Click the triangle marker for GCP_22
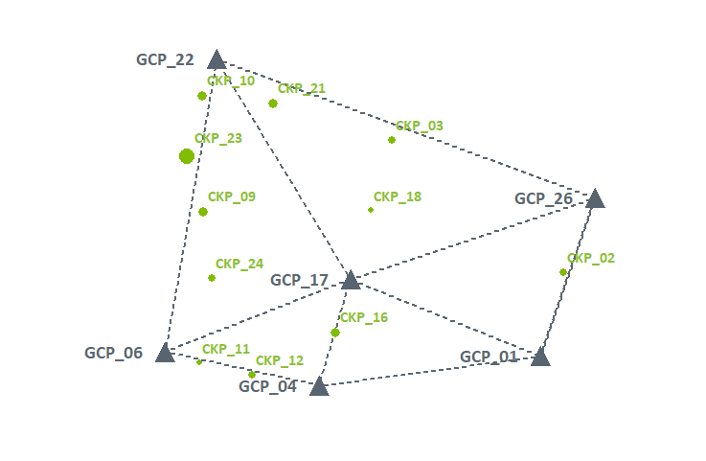[x=216, y=60]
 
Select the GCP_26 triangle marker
[x=595, y=198]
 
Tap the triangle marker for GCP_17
[x=351, y=280]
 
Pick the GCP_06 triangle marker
[x=165, y=353]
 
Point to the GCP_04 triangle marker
[x=319, y=386]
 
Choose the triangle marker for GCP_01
[x=540, y=357]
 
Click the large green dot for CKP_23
[x=187, y=156]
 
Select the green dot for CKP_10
[x=202, y=96]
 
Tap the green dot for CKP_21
[x=273, y=104]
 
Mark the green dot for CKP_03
[x=392, y=140]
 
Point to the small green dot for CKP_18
[x=371, y=210]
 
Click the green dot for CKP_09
[x=203, y=212]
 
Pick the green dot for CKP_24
[x=212, y=278]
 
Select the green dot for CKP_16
[x=335, y=333]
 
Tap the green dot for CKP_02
[x=563, y=272]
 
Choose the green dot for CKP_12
[x=252, y=375]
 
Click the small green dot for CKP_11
[x=199, y=362]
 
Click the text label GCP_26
[x=543, y=199]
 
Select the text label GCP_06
[x=113, y=353]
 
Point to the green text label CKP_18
[x=397, y=196]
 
